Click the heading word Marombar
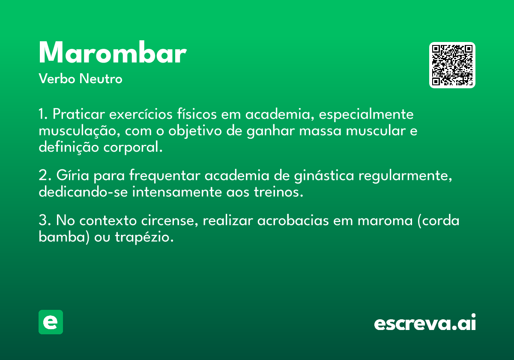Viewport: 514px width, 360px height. tap(113, 52)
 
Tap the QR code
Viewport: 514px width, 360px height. tap(452, 65)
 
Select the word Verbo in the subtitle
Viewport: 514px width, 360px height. tap(57, 79)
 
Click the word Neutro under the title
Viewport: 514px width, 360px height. tap(101, 79)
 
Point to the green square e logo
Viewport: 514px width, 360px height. tap(51, 322)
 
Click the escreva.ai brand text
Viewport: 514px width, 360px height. tap(425, 322)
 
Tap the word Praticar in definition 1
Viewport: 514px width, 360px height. tap(79, 114)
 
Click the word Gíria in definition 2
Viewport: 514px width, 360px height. tap(72, 175)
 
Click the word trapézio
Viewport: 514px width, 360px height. tap(144, 237)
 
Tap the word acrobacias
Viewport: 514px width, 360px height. tap(293, 220)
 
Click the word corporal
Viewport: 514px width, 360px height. tap(133, 147)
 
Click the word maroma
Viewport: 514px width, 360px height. tap(385, 221)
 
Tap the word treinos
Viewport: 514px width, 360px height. tap(278, 192)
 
